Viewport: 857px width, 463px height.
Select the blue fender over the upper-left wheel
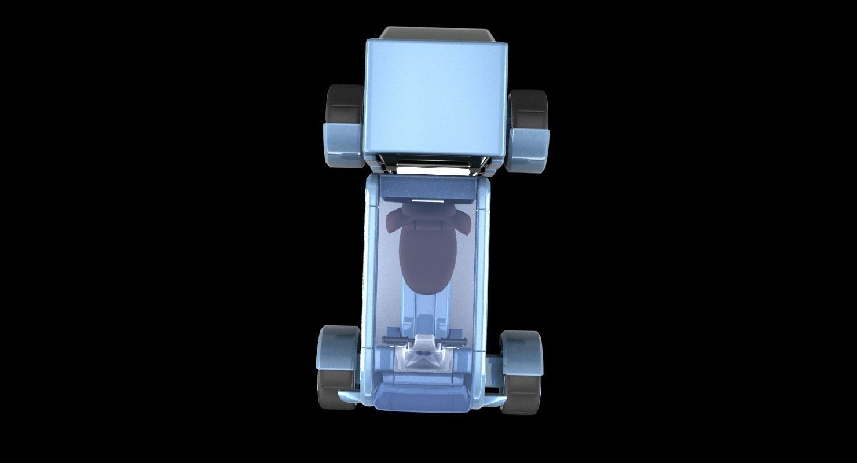pos(341,145)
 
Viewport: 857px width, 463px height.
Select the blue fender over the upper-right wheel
pos(528,149)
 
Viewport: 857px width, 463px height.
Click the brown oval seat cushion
pos(427,260)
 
